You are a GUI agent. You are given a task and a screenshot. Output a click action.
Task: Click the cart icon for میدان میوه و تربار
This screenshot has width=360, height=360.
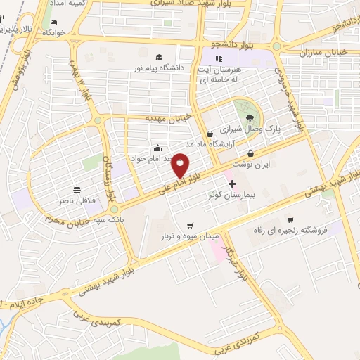click(189, 226)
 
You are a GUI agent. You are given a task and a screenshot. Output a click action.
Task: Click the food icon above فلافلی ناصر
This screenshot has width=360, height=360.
click(76, 190)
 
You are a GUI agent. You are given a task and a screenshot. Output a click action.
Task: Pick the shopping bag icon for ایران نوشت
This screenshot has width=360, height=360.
click(251, 153)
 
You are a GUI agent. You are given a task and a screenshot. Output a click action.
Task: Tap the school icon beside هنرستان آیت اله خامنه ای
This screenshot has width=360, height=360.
click(218, 58)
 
